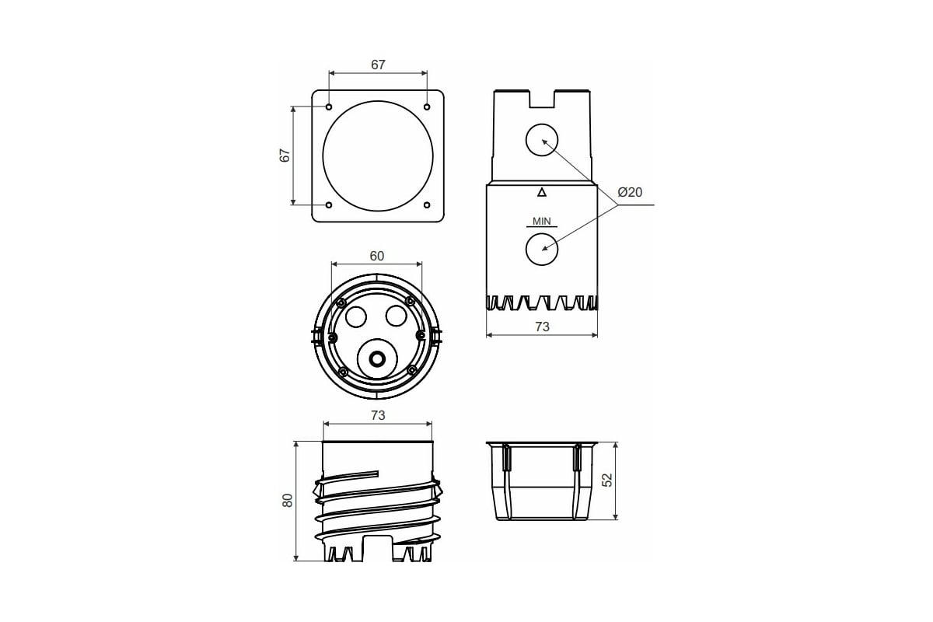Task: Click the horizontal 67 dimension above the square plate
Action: pos(378,65)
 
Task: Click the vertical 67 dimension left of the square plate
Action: pos(285,155)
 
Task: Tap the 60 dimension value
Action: pos(377,256)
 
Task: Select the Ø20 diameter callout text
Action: pos(630,192)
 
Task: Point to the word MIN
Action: pos(541,222)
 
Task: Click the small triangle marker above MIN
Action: pos(541,192)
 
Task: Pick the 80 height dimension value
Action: pos(288,501)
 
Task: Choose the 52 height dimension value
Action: pos(608,480)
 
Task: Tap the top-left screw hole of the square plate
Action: pos(329,107)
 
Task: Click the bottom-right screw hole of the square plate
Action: pos(427,205)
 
